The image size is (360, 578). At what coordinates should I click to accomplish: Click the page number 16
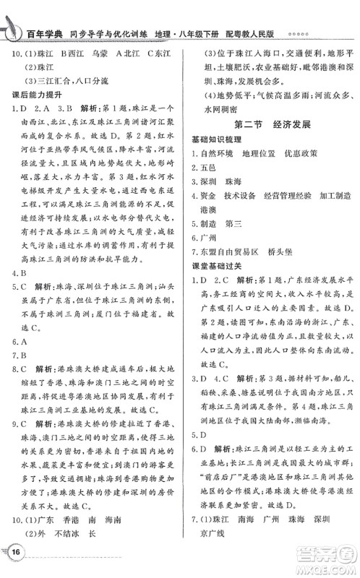coord(15,553)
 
